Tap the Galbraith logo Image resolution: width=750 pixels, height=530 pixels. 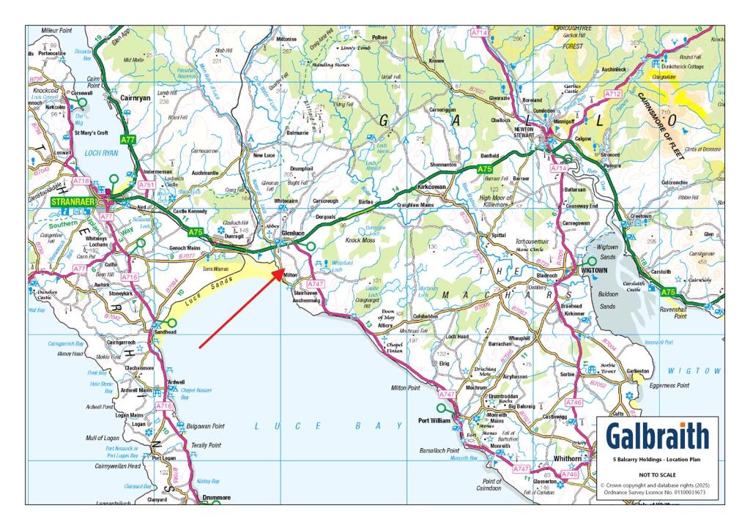657,436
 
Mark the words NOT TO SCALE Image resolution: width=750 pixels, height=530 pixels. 657,474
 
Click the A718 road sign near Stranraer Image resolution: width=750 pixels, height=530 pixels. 80,180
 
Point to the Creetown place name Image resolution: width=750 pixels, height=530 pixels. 642,217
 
